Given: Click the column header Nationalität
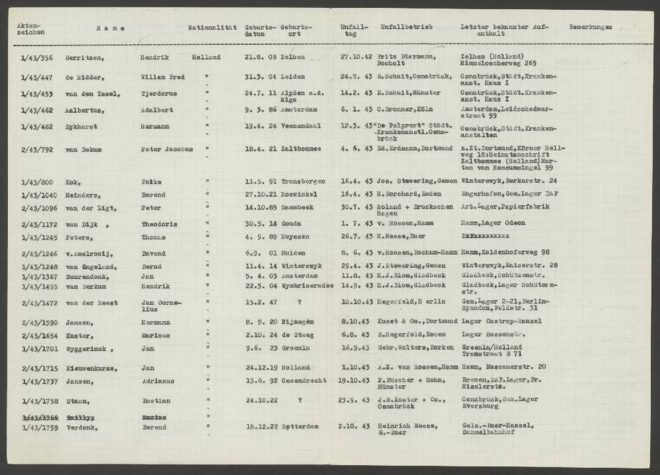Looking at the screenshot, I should point(212,28).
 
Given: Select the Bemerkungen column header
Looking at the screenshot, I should point(590,28).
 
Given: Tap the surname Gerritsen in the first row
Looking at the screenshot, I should point(83,57).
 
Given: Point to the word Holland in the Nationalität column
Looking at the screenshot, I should point(206,57).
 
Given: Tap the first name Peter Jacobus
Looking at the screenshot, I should point(167,149).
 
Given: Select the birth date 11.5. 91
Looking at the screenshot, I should point(259,181).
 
